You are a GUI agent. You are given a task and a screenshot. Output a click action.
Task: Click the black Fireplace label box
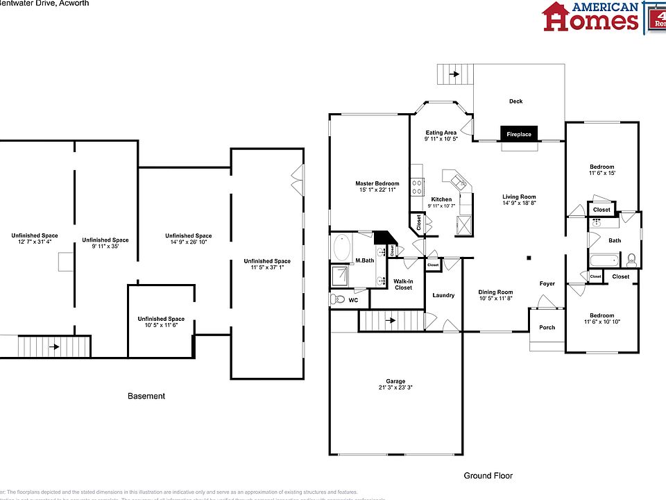pos(519,134)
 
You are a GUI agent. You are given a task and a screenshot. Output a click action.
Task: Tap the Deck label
pos(515,101)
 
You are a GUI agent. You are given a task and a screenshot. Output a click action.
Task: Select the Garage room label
pos(395,381)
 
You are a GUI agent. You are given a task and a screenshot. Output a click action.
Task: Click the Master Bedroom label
pos(377,183)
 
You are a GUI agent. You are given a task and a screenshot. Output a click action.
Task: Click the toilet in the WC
pos(338,299)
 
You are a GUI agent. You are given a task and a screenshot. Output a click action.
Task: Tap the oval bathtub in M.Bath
pos(341,248)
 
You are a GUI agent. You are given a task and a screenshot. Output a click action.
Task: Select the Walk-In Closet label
pos(403,284)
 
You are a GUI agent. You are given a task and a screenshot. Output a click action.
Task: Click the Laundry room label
pos(443,295)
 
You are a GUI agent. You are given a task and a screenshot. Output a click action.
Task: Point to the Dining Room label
pos(495,292)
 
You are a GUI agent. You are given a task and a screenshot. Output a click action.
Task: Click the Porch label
pos(547,327)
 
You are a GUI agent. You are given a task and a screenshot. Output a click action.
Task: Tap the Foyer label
pos(548,283)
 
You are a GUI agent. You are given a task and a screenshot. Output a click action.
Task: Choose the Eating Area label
pos(441,133)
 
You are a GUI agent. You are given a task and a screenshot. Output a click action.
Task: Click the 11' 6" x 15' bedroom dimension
pos(601,174)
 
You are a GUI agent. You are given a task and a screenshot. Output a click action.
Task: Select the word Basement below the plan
pos(146,396)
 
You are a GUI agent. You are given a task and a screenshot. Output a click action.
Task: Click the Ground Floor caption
pos(488,476)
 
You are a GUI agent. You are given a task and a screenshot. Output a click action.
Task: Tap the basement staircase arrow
pos(54,345)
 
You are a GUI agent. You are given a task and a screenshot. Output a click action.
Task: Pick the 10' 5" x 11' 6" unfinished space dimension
pos(162,325)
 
